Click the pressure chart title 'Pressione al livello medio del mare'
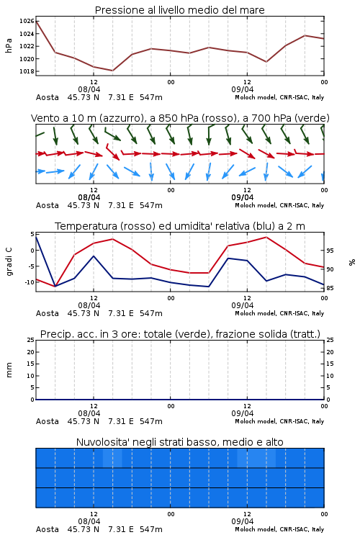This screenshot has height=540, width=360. pos(179,10)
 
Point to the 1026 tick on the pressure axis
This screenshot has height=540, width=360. pos(27,22)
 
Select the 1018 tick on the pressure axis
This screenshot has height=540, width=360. pos(27,71)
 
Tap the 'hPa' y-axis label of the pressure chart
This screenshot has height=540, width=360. pos(9,45)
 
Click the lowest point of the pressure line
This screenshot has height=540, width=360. pos(112,71)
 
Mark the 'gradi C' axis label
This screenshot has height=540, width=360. pos(9,261)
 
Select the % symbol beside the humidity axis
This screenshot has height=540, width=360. pos(352,262)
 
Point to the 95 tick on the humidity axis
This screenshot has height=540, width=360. pos(330,251)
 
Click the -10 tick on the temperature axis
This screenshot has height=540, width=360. pos(29,282)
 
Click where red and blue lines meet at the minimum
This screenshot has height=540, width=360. pos(55,286)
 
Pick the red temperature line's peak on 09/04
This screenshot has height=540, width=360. pos(266,238)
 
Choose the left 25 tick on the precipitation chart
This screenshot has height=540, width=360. pos(31,340)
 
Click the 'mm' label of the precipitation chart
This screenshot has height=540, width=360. pos(9,370)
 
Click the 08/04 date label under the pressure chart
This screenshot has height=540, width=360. pos(89,89)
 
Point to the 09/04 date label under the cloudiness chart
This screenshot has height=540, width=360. pos(243,521)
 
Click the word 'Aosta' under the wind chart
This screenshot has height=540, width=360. pos(48,205)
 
